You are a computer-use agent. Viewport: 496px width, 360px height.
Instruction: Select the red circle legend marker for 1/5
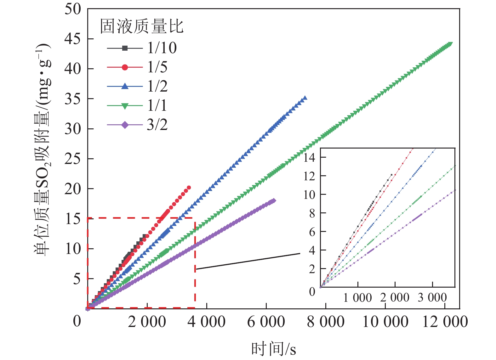(125, 67)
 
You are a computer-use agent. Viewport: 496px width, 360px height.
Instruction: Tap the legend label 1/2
(157, 86)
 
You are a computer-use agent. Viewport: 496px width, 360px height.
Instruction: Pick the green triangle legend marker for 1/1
(125, 106)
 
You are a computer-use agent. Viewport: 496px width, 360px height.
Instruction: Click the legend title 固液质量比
(142, 26)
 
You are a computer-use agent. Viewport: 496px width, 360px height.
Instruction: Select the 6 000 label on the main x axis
(266, 322)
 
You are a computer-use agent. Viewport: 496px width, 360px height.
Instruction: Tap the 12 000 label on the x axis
(445, 322)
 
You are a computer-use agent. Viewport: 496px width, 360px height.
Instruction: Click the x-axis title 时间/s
(273, 349)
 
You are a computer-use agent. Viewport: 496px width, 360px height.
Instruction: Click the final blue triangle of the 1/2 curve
(305, 98)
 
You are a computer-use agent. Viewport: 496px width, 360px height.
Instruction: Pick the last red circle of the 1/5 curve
(189, 188)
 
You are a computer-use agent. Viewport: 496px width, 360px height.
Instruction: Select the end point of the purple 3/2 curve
(274, 201)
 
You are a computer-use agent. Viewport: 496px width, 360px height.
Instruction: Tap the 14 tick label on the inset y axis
(309, 157)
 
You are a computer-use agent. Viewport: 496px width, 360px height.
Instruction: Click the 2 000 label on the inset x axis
(395, 298)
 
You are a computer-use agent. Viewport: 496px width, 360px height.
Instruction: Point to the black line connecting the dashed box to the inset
(248, 261)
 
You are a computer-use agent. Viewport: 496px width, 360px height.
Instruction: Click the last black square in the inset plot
(391, 175)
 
